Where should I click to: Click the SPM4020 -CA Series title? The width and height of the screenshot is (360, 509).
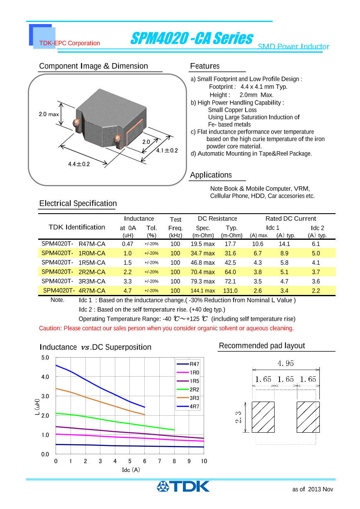(191, 39)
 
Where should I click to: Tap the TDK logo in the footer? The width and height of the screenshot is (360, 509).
(183, 486)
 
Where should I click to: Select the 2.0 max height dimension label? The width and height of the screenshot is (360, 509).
(49, 114)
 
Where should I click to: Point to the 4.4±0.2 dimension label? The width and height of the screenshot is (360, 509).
(79, 164)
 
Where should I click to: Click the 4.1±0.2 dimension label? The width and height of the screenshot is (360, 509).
(167, 151)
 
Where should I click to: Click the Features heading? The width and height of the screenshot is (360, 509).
(204, 66)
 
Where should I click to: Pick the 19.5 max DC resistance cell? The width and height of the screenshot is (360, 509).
(202, 244)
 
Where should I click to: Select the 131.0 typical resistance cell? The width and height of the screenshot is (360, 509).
(230, 291)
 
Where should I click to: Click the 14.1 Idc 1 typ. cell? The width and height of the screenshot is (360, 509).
(284, 244)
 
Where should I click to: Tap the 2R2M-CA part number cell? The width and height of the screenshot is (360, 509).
(92, 272)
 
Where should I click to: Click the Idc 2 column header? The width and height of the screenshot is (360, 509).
(317, 228)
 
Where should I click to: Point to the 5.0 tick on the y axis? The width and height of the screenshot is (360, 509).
(45, 358)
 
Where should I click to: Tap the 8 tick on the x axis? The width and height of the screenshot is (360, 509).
(174, 461)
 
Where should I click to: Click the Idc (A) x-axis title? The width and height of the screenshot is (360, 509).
(131, 470)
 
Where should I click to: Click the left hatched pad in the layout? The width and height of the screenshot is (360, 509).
(263, 417)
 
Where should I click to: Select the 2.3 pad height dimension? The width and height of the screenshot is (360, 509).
(238, 417)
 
